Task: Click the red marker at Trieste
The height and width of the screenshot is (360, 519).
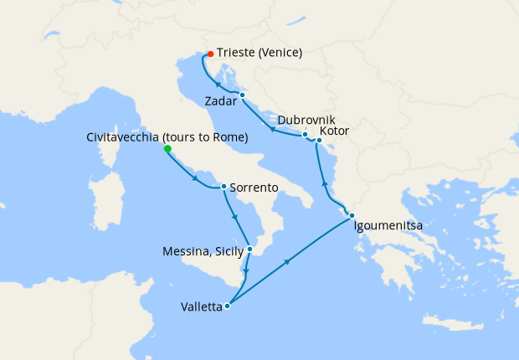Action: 210,54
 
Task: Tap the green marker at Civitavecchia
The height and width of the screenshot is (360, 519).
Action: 167,149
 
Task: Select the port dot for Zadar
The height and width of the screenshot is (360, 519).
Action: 242,95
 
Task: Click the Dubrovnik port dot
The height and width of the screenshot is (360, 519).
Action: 305,134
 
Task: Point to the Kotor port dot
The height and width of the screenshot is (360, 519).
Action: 319,140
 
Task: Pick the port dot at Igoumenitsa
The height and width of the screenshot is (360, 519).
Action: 352,215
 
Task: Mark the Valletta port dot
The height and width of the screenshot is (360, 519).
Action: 228,306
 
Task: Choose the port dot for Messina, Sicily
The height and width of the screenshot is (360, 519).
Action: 249,249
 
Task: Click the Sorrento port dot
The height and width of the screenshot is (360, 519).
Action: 224,186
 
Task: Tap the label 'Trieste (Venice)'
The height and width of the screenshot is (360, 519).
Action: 259,53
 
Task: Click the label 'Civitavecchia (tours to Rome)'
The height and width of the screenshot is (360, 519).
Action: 167,137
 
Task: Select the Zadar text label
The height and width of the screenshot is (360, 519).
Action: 221,101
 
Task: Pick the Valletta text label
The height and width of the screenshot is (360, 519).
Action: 201,306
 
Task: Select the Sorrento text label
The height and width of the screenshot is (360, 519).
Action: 253,189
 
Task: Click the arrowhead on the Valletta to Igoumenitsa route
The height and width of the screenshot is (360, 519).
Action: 288,262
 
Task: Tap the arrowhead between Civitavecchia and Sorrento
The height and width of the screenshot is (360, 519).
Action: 196,179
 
